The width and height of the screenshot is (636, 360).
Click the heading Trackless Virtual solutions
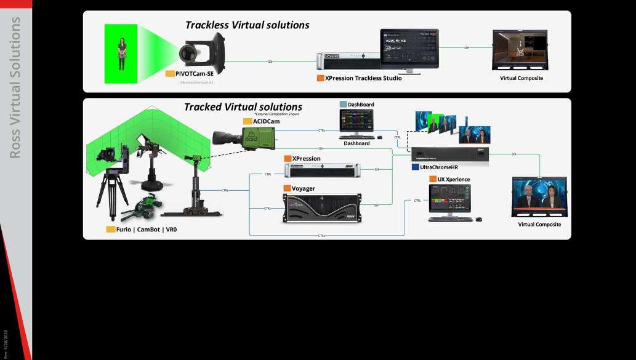[248, 25]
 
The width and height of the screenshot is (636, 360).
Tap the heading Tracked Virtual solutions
[243, 107]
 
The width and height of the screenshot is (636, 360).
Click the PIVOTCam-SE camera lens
[187, 54]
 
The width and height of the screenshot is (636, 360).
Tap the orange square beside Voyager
[287, 188]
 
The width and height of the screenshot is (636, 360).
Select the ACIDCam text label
[267, 121]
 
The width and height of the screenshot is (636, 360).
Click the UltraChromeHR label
[439, 167]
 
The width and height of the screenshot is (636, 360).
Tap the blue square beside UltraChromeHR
[415, 167]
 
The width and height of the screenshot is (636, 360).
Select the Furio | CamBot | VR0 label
[146, 229]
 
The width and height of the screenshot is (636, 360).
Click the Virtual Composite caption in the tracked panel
[539, 225]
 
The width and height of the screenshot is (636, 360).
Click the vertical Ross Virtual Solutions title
[16, 86]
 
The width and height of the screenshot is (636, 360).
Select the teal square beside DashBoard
[343, 105]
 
